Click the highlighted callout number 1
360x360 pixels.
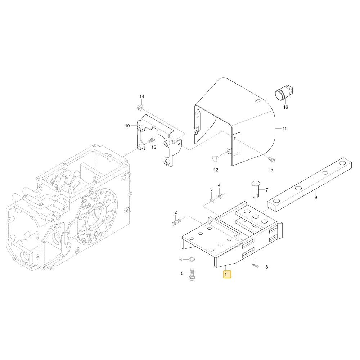pyautogui.click(x=227, y=274)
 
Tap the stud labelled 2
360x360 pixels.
pyautogui.click(x=176, y=222)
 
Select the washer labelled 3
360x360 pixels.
pyautogui.click(x=212, y=201)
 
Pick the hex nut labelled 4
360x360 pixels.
pyautogui.click(x=220, y=196)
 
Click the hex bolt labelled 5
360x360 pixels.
pyautogui.click(x=192, y=275)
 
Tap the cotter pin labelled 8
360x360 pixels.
pyautogui.click(x=255, y=266)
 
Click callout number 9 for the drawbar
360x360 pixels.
pyautogui.click(x=316, y=197)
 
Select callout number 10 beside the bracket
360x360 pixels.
pyautogui.click(x=127, y=126)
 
